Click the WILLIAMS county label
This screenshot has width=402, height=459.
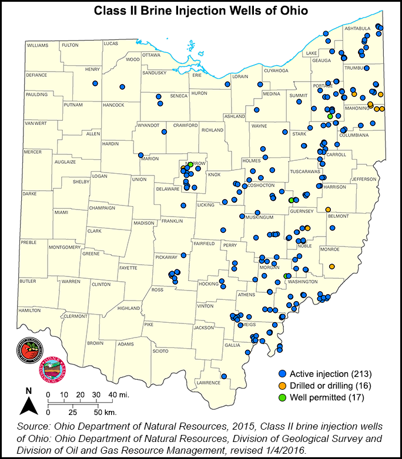coord(38,45)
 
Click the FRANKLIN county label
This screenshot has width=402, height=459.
coord(173,221)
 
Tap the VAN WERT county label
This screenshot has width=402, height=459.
coord(35,123)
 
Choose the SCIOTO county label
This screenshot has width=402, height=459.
coord(160,351)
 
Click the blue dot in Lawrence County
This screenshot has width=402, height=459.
coord(224,376)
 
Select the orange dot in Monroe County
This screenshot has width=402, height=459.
coord(332,266)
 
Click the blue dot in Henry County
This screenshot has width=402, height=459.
coord(95,84)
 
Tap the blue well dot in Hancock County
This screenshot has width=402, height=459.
coord(122,87)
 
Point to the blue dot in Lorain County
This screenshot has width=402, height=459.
coord(227,84)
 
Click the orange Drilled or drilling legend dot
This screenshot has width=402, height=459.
coord(283,386)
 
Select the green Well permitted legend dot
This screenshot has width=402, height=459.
coord(283,397)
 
